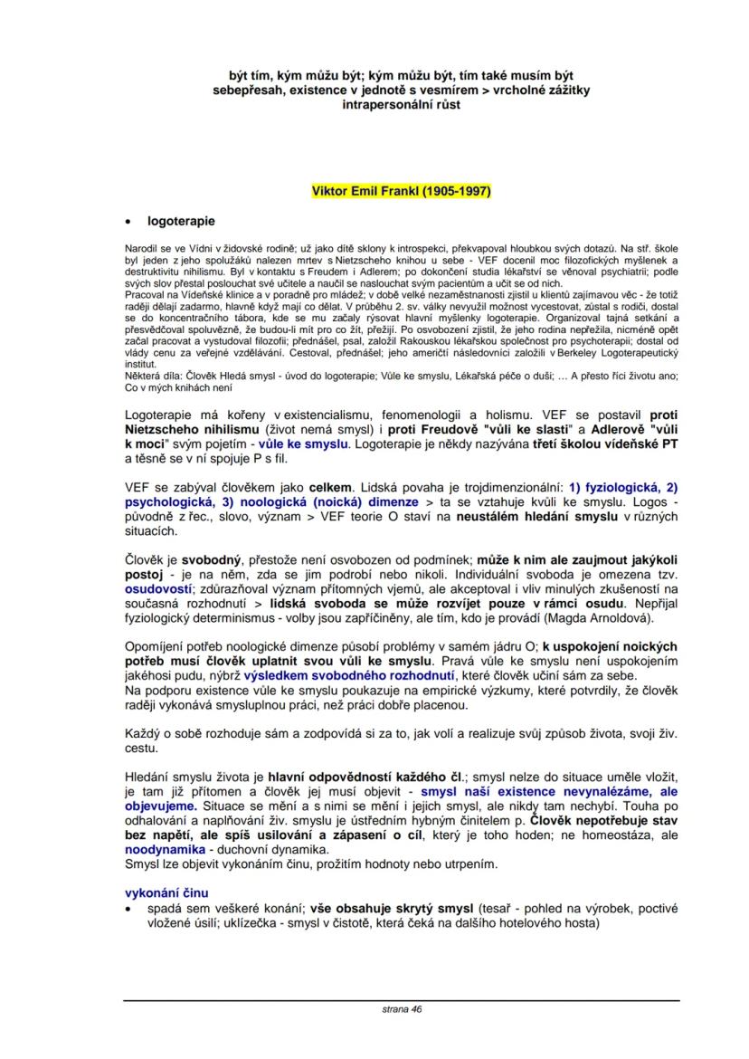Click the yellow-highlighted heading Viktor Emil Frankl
coord(401,191)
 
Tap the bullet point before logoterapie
coord(128,222)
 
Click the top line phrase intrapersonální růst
coord(401,105)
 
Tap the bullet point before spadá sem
coord(128,909)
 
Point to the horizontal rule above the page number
coord(401,999)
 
